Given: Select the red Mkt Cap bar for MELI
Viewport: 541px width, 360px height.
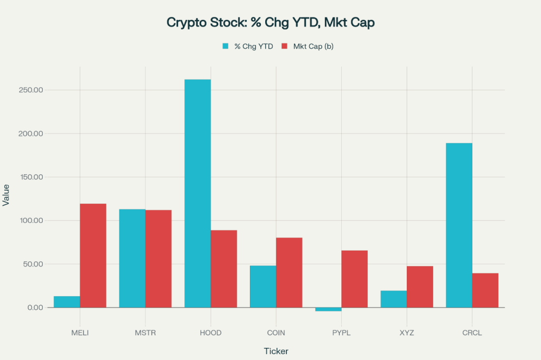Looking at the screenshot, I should [93, 255].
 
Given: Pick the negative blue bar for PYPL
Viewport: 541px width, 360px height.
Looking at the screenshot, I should [328, 309].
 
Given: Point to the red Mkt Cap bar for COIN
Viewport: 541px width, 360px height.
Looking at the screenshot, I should [289, 272].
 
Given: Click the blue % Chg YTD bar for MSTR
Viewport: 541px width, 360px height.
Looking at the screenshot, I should [132, 258].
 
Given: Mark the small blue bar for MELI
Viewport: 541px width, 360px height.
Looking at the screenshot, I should [67, 302].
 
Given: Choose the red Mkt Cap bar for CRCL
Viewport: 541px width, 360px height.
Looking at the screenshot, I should [485, 290].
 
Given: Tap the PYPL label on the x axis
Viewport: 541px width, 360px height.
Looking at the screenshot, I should [341, 333].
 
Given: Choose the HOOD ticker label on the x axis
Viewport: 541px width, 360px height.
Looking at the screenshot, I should [211, 333].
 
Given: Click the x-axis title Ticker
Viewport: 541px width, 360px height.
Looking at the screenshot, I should [276, 351].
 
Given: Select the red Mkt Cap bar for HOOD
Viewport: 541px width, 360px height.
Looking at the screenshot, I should [224, 269].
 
